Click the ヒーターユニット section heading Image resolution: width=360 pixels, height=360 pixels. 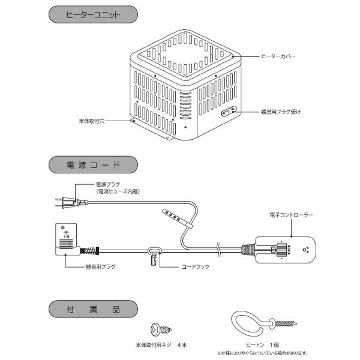[92, 14]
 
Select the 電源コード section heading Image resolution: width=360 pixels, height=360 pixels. [92, 164]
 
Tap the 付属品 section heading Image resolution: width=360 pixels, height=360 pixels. [92, 311]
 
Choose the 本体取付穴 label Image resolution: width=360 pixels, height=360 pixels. [92, 121]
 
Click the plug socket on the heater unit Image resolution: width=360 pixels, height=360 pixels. [228, 111]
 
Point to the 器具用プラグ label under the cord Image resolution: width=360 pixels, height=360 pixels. [99, 266]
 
